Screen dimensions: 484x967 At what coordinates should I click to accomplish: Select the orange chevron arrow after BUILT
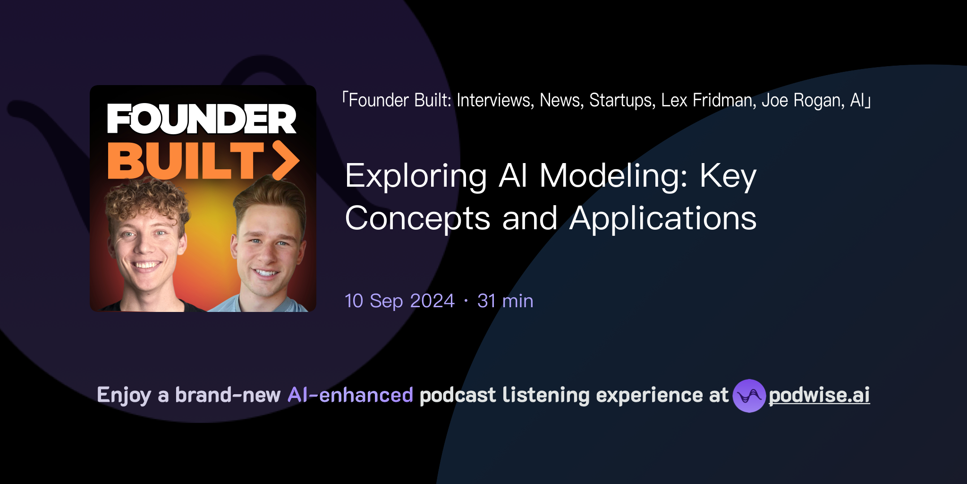coord(286,160)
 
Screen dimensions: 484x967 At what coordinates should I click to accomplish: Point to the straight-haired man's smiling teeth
coord(266,273)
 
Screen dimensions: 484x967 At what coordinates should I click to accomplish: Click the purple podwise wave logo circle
coord(749,396)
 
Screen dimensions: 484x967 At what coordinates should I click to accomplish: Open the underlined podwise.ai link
coord(819,395)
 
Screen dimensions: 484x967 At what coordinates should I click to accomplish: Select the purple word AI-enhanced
coord(350,395)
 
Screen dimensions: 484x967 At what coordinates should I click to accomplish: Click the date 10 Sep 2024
coord(399,301)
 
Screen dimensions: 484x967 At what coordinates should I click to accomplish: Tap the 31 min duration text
coord(505,301)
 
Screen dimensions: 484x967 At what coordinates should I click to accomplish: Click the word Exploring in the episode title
coord(416,176)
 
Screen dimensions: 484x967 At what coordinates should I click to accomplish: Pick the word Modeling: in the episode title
coord(613,176)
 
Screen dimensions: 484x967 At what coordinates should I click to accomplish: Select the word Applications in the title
coord(663,219)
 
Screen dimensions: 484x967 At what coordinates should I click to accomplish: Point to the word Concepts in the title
coord(418,219)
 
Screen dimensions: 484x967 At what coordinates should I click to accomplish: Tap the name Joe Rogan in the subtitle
coord(803,100)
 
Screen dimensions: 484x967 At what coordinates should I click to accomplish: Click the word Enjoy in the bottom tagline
coord(124,395)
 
